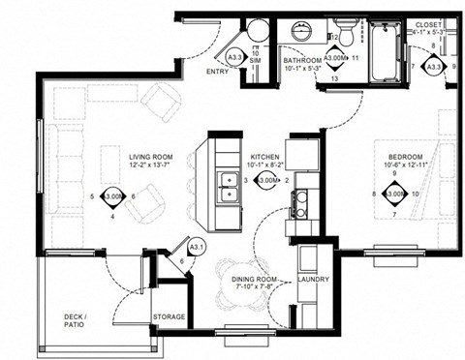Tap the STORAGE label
coord(170,316)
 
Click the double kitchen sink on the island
coord(230,186)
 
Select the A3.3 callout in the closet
coord(433,66)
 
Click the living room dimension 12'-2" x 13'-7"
coord(151,165)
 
